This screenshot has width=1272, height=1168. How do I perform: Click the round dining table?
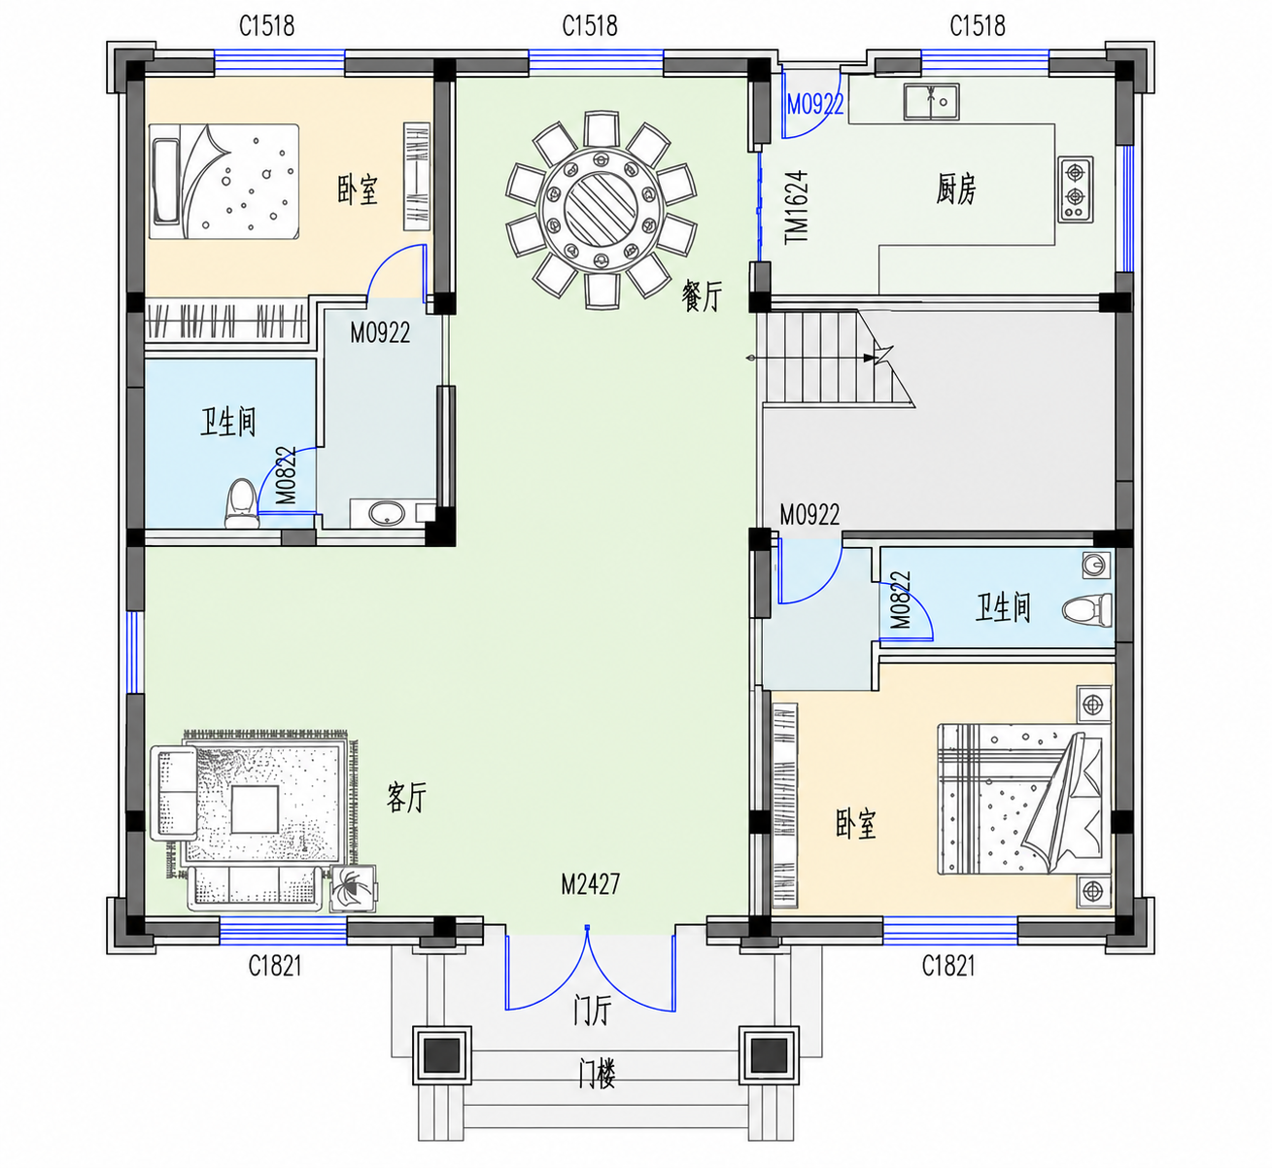pos(601,210)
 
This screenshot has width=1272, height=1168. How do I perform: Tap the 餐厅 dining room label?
pos(702,295)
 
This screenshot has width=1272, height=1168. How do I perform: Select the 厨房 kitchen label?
pos(956,189)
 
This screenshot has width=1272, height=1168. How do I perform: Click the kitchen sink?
pos(931,101)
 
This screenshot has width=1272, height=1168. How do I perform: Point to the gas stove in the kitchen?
pos(1076,189)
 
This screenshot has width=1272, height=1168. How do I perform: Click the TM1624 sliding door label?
pos(797,207)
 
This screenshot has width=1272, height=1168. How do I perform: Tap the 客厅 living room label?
pos(406,797)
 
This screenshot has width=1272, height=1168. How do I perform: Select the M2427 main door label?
pos(591,884)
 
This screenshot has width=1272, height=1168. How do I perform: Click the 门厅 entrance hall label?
pos(592,1010)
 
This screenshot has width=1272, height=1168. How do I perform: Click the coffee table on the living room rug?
pos(255,809)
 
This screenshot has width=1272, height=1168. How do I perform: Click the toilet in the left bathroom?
pos(242,503)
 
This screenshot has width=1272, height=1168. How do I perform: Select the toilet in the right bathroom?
pos(1086,610)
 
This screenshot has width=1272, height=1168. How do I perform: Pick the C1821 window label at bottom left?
pos(275,966)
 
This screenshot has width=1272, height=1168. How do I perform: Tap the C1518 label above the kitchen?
pos(978,26)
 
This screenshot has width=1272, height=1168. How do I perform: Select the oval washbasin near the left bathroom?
pos(387,514)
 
